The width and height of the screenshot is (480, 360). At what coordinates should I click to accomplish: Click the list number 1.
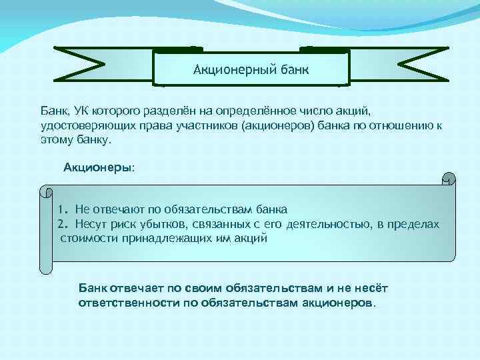(x=62, y=209)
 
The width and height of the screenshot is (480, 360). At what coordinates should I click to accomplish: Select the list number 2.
(x=62, y=224)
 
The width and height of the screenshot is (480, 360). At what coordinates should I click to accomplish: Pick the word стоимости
(x=89, y=238)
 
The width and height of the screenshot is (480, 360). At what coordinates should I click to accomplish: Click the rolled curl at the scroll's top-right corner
(x=449, y=179)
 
